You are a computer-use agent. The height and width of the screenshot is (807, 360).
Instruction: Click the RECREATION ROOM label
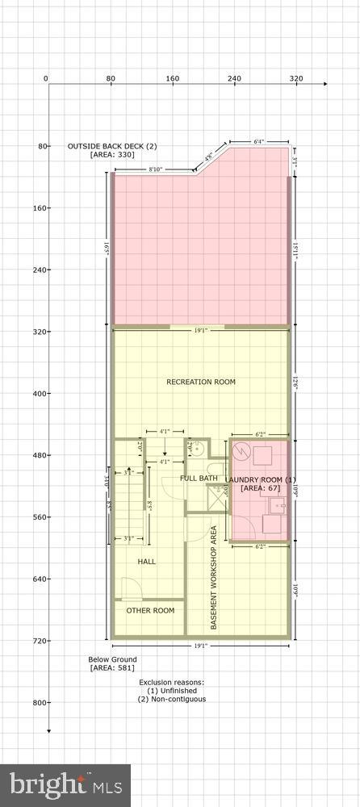click(201, 382)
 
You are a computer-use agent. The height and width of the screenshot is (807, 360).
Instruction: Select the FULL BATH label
click(199, 479)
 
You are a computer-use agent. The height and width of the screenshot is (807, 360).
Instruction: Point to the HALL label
click(146, 561)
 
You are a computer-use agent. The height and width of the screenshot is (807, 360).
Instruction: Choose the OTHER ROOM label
click(150, 610)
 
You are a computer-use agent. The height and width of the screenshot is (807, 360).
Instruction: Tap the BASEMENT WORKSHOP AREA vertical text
click(214, 577)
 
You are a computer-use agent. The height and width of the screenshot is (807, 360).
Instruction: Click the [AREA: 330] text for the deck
click(112, 154)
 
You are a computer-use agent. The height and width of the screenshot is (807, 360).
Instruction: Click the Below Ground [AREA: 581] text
click(112, 663)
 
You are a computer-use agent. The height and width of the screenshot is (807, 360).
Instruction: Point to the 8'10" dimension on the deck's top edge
click(158, 169)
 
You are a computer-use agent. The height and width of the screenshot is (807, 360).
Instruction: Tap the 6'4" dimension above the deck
click(259, 141)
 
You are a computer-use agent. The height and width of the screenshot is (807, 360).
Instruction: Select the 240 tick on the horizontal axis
click(234, 78)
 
